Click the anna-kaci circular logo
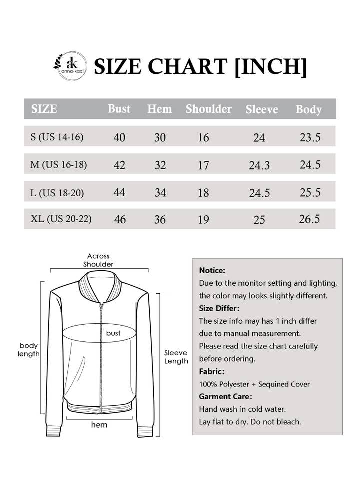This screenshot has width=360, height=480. pyautogui.click(x=70, y=66)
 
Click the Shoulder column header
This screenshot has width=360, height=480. pyautogui.click(x=208, y=109)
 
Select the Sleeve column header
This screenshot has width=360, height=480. pyautogui.click(x=261, y=109)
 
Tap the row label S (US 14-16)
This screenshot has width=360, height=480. pyautogui.click(x=57, y=137)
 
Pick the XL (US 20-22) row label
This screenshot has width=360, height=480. pyautogui.click(x=61, y=219)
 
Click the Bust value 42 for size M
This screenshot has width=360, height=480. pyautogui.click(x=120, y=165)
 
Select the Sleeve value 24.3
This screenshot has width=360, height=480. pyautogui.click(x=259, y=165)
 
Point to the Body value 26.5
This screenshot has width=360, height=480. pyautogui.click(x=310, y=219)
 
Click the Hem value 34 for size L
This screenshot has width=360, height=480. pyautogui.click(x=160, y=192)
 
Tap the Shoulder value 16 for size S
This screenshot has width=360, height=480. pyautogui.click(x=203, y=137)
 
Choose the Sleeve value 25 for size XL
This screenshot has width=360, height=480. pyautogui.click(x=259, y=220)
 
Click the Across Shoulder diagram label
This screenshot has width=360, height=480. pyautogui.click(x=98, y=260)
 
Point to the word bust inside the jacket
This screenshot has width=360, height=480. pyautogui.click(x=113, y=333)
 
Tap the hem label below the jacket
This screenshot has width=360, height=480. pyautogui.click(x=99, y=425)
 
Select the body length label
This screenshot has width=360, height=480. pyautogui.click(x=29, y=350)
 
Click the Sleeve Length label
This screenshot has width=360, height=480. pyautogui.click(x=176, y=357)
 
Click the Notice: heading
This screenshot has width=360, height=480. pyautogui.click(x=212, y=270)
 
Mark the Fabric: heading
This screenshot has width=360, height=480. pyautogui.click(x=212, y=371)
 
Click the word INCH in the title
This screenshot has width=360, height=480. pyautogui.click(x=270, y=66)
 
